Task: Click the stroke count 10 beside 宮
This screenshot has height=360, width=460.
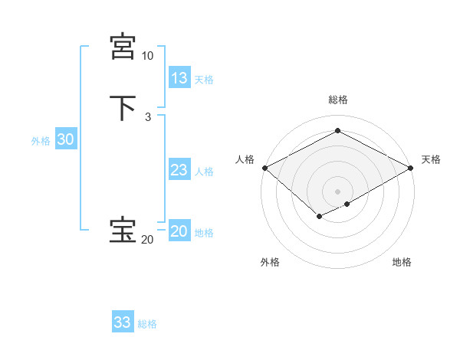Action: [x=147, y=56]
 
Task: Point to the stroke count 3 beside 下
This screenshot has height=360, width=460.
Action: [x=147, y=117]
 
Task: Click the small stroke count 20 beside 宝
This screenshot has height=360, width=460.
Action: [x=147, y=240]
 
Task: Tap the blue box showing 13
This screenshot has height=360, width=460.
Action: [x=179, y=78]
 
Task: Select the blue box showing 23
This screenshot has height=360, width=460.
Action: [x=179, y=170]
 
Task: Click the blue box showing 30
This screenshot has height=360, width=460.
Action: [x=66, y=139]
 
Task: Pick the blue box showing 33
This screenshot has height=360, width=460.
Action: [x=123, y=322]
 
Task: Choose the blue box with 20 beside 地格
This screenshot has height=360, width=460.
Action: [x=179, y=231]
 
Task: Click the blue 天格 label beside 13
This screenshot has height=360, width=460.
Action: [x=204, y=80]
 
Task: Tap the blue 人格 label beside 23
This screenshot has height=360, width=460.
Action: [x=204, y=172]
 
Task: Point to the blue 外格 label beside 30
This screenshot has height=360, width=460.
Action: [x=41, y=141]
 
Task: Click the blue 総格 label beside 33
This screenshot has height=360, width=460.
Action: [x=147, y=324]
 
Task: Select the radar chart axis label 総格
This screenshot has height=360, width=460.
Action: [x=338, y=100]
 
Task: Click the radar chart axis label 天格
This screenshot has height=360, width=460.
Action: [x=431, y=159]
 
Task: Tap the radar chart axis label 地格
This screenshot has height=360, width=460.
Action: [x=402, y=262]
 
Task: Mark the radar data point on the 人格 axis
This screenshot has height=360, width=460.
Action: [x=264, y=168]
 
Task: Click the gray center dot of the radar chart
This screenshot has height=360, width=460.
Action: [x=337, y=191]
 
